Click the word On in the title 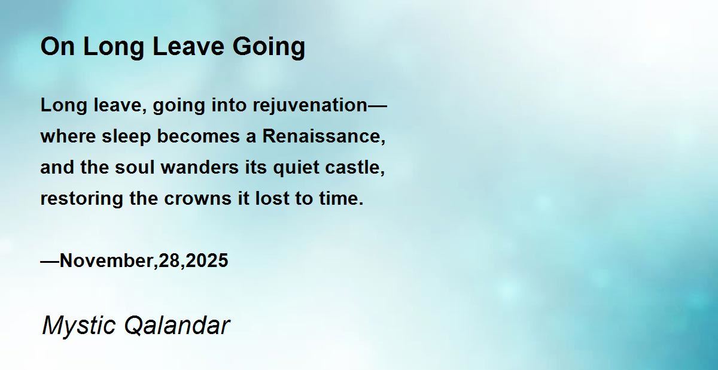click(57, 46)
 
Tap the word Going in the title click(269, 48)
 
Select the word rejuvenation click(310, 106)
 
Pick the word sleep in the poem click(126, 137)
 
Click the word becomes click(199, 136)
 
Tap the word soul click(135, 167)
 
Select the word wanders click(200, 167)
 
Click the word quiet click(296, 168)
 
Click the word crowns click(198, 199)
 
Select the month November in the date click(107, 260)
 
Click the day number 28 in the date click(169, 260)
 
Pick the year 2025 click(207, 260)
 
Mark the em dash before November click(50, 262)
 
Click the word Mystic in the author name click(78, 326)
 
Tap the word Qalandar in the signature click(177, 326)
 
